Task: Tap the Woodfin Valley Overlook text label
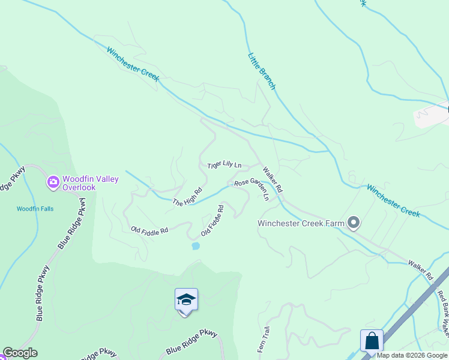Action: pos(91,183)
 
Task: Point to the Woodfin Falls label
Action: pos(35,209)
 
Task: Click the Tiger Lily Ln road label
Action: pos(224,165)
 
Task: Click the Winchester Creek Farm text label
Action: pos(301,224)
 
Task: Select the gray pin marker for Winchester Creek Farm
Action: pos(354,223)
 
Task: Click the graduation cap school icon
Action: pos(186,299)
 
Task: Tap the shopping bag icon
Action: pos(372,341)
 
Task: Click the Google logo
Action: pos(20,353)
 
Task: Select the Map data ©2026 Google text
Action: pos(412,355)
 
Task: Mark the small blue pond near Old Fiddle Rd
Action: pos(195,246)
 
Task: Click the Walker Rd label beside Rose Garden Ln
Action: pos(272,180)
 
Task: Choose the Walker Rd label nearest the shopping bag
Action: pos(421,271)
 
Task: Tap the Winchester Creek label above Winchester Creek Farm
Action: pos(393,201)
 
